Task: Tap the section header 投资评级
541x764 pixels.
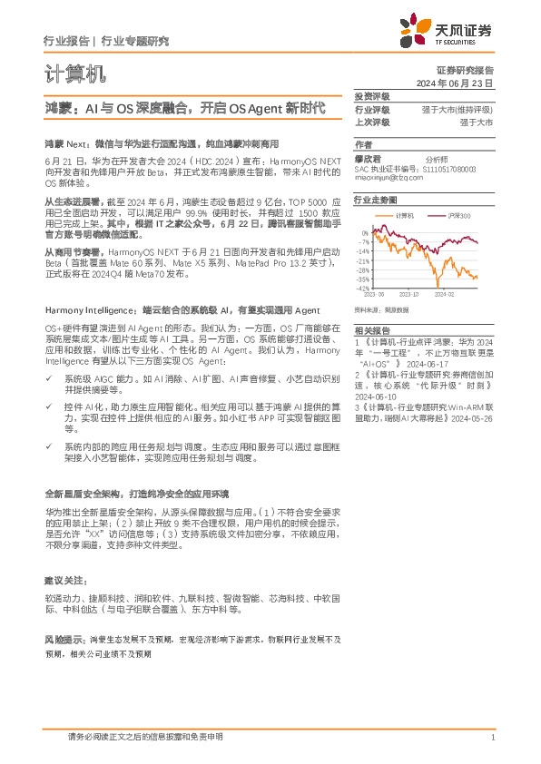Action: point(371,96)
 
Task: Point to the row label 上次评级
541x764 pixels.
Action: point(371,122)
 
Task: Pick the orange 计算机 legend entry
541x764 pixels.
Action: point(400,215)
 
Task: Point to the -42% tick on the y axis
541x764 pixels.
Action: point(362,289)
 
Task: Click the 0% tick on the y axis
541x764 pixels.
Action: point(365,233)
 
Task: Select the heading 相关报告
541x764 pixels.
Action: point(371,330)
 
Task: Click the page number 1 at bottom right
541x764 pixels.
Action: point(491,738)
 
